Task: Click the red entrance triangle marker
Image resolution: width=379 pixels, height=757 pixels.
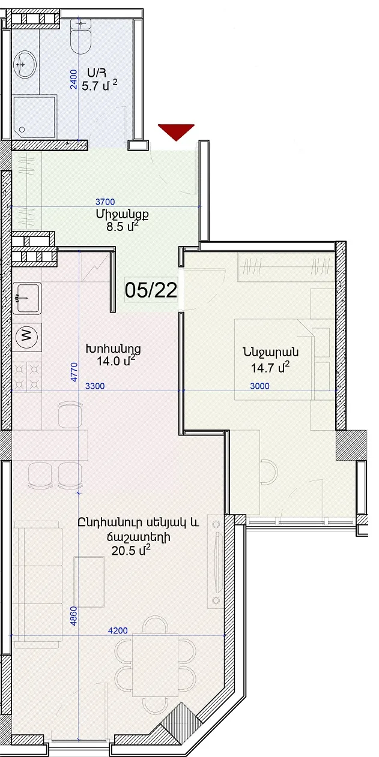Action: (176, 132)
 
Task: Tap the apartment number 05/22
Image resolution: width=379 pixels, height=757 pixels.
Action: (151, 290)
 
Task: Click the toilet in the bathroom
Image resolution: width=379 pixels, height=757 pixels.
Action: (81, 36)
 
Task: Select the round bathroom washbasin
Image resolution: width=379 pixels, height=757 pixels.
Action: (25, 65)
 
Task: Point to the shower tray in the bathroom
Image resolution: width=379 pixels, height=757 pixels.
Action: (34, 117)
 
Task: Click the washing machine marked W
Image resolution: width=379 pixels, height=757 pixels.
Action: (28, 337)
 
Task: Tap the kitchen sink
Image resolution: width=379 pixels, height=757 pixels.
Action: (27, 298)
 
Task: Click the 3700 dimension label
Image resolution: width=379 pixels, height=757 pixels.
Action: (105, 202)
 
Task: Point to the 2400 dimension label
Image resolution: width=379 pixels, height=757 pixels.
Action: (74, 79)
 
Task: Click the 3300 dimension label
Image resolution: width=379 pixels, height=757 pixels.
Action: (95, 386)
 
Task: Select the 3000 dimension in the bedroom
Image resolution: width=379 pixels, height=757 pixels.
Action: (259, 386)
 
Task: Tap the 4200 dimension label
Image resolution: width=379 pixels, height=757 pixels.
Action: (118, 630)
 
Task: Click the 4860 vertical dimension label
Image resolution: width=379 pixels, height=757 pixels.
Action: (74, 616)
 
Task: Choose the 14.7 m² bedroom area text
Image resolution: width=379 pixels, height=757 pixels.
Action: (270, 367)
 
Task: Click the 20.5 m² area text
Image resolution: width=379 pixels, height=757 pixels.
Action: (131, 550)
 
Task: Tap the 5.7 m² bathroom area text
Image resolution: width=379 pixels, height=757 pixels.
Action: (100, 85)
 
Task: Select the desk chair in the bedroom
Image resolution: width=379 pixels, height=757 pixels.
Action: (269, 471)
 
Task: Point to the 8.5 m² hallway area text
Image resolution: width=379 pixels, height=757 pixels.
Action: (123, 226)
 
